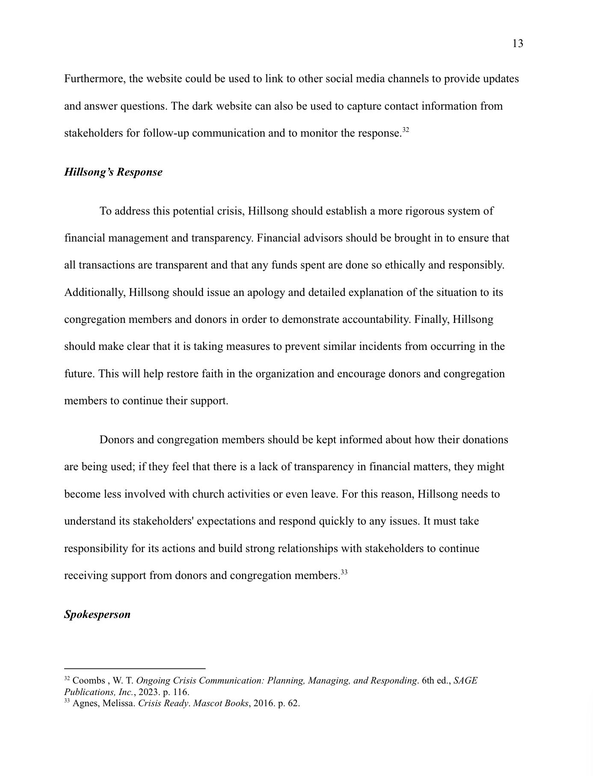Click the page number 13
point(517,44)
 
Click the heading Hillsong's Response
point(113,172)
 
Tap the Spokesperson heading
point(97,615)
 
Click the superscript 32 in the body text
point(406,130)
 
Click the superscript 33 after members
point(344,572)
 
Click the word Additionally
point(94,292)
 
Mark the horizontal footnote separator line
point(135,668)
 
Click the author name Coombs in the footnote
point(89,680)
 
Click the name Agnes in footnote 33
point(84,703)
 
